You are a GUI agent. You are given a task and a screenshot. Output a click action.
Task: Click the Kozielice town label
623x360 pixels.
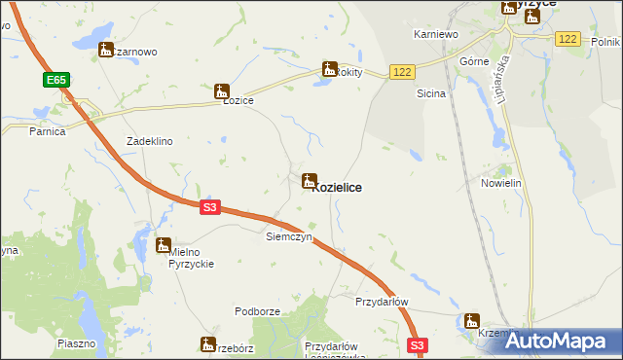click(x=337, y=188)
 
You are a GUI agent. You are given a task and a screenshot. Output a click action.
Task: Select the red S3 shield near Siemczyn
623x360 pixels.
click(x=211, y=206)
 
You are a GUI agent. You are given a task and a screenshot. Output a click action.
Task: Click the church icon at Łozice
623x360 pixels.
click(x=222, y=90)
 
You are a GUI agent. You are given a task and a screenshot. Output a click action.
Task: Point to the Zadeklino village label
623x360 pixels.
click(x=150, y=141)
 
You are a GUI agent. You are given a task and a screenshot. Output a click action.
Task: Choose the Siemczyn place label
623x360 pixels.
click(x=288, y=236)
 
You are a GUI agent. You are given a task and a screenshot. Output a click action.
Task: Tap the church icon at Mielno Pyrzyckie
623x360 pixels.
click(x=164, y=245)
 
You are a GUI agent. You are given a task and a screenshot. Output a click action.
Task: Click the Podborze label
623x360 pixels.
click(x=258, y=311)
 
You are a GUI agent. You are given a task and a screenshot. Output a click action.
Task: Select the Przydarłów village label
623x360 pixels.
click(x=382, y=302)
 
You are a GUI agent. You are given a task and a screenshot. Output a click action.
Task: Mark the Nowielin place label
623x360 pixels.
click(x=502, y=183)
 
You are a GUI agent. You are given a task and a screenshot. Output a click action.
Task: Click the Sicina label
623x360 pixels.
click(x=430, y=94)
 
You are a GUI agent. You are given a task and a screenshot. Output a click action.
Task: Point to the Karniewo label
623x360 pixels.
click(x=435, y=34)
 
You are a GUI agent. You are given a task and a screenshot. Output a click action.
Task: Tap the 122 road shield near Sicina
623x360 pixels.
click(x=402, y=72)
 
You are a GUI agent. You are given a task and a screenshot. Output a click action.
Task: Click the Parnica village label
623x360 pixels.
click(x=47, y=130)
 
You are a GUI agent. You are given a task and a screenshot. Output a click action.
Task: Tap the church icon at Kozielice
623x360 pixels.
click(x=310, y=180)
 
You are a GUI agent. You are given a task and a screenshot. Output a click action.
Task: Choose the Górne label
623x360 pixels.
click(x=473, y=60)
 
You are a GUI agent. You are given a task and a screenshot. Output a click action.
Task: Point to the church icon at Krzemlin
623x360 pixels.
click(x=472, y=320)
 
